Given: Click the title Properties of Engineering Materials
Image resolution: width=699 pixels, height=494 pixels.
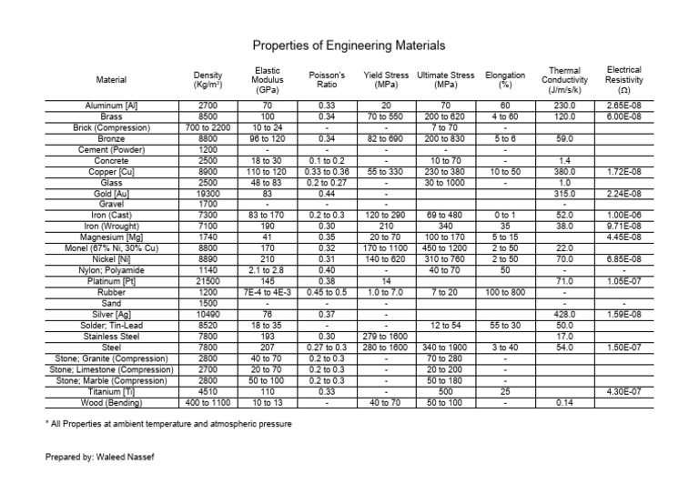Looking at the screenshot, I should (x=349, y=45).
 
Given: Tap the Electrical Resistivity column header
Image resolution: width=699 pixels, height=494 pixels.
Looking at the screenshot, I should (x=623, y=79).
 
